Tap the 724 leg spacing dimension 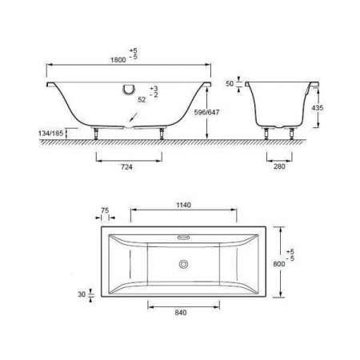127,168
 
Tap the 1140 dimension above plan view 183,205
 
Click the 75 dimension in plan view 105,212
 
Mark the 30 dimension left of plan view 81,294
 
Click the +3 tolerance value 154,87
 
